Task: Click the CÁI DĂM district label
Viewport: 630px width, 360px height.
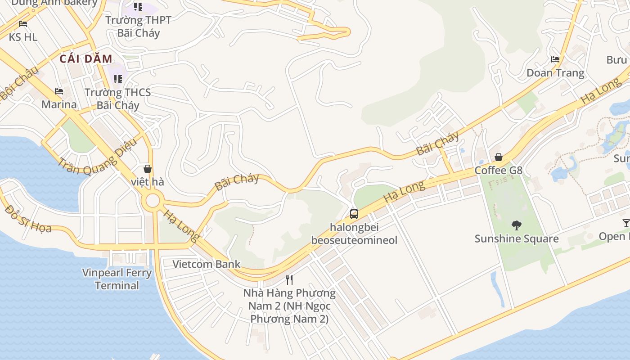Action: [x=85, y=58]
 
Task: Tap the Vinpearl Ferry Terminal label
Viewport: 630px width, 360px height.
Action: [x=117, y=279]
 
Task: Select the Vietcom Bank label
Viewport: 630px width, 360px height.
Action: [x=207, y=264]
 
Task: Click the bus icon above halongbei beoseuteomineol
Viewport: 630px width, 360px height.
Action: [x=354, y=214]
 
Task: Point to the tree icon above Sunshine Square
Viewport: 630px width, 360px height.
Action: [x=517, y=225]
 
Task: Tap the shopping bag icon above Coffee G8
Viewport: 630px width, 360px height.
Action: [x=499, y=157]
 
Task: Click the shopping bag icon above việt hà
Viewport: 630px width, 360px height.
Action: [x=147, y=169]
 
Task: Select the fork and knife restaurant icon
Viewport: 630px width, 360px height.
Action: [x=289, y=280]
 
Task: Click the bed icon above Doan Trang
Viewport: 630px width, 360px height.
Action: [x=555, y=59]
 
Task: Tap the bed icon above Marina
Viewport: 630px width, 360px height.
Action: [x=59, y=91]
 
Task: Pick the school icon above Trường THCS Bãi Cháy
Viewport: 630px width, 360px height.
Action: [x=118, y=79]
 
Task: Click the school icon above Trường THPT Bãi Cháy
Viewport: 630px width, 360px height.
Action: [x=138, y=7]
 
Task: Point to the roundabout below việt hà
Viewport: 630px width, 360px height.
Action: [x=153, y=201]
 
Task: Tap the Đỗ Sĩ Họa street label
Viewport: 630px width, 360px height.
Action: [x=28, y=218]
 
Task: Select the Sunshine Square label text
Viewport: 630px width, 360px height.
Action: [x=517, y=238]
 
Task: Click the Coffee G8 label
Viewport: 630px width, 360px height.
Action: [x=499, y=171]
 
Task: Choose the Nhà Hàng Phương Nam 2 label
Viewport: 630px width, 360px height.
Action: [x=289, y=306]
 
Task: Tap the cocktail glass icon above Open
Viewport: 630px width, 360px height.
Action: [x=625, y=223]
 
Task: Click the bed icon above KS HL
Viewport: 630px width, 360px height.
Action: [x=23, y=24]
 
